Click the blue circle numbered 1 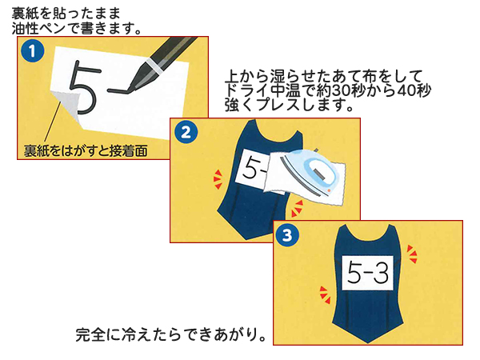[x=31, y=52]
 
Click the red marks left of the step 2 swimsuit [x=216, y=175]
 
